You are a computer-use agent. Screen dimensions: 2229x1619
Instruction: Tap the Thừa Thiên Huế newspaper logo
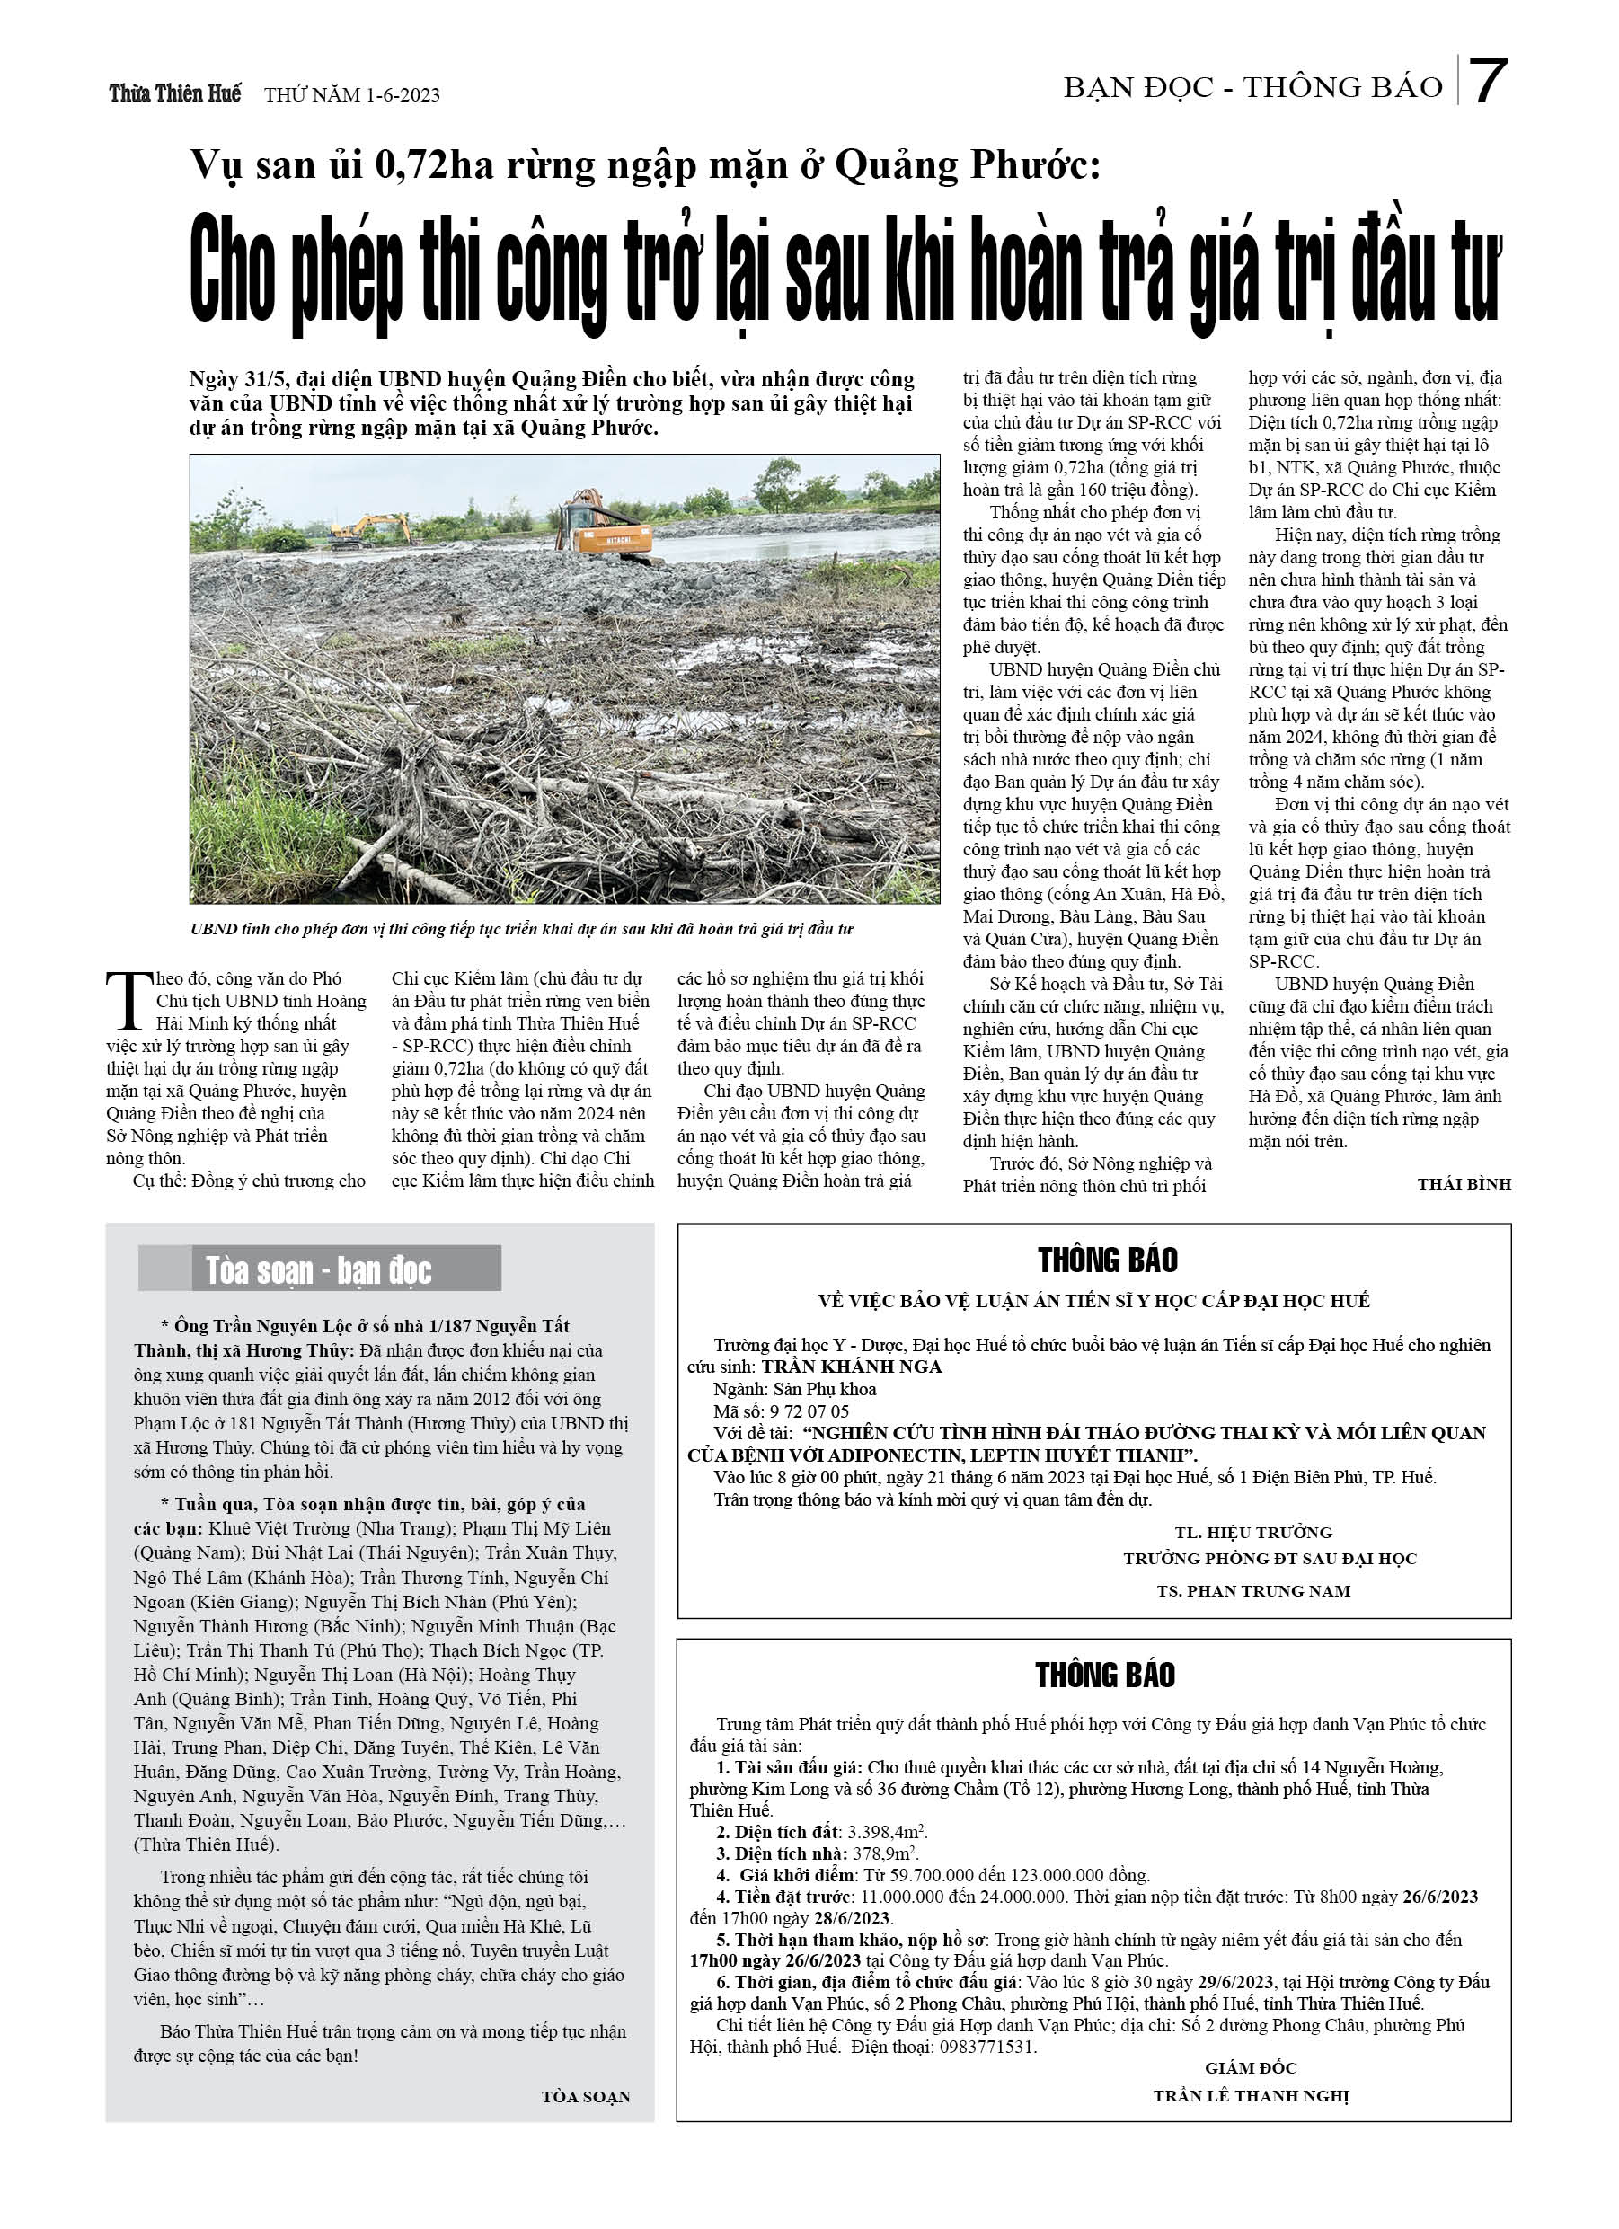(x=174, y=94)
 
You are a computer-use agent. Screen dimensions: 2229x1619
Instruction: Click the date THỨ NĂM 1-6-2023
(x=352, y=95)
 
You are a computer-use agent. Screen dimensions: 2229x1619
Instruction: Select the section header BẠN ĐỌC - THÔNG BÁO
(x=1252, y=88)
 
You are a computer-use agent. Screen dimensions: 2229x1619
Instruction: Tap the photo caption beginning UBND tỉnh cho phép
(x=522, y=929)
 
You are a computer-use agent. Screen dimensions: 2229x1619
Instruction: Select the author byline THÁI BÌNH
(x=1463, y=1184)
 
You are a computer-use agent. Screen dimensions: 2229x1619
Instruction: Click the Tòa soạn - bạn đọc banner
(x=320, y=1269)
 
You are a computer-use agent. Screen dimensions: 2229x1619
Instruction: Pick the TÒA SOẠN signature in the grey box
(x=585, y=2097)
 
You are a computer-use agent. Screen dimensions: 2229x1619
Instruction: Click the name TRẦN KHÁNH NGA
(x=851, y=1367)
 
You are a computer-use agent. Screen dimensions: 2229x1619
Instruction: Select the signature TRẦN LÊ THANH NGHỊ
(x=1251, y=2096)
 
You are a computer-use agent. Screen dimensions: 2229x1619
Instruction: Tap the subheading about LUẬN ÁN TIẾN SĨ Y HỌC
(x=1093, y=1301)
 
